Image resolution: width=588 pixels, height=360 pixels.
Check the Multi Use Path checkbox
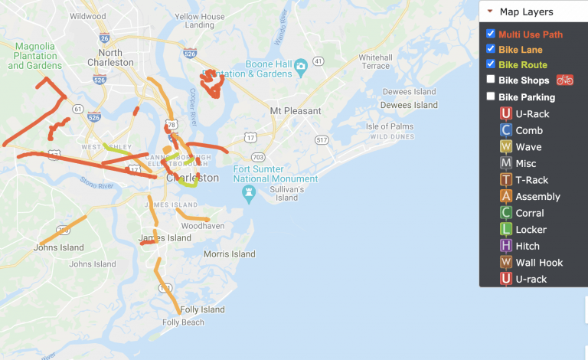[491, 34]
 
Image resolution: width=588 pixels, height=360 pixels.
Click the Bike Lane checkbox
[491, 49]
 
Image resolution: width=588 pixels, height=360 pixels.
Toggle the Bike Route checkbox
[491, 64]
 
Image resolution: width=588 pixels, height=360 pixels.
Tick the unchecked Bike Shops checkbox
[491, 80]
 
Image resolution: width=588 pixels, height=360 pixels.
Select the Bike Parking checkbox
[491, 97]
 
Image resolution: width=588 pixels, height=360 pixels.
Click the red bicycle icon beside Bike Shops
[564, 80]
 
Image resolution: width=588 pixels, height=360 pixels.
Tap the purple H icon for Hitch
[505, 246]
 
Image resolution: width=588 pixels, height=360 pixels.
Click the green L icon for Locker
[505, 229]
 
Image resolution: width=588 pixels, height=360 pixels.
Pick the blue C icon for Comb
[505, 130]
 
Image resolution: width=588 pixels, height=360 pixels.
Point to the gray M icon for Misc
[505, 163]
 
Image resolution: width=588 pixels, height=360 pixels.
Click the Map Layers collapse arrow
[490, 11]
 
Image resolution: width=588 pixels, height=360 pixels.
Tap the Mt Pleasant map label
[296, 111]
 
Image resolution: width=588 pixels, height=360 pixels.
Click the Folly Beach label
[183, 322]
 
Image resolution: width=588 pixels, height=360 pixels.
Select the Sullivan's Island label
[286, 193]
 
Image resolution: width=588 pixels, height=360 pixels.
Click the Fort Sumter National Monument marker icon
[248, 195]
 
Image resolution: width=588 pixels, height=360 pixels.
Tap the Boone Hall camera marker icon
[301, 66]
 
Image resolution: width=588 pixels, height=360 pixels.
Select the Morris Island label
[229, 254]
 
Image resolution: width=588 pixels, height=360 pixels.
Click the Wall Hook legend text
[539, 263]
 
